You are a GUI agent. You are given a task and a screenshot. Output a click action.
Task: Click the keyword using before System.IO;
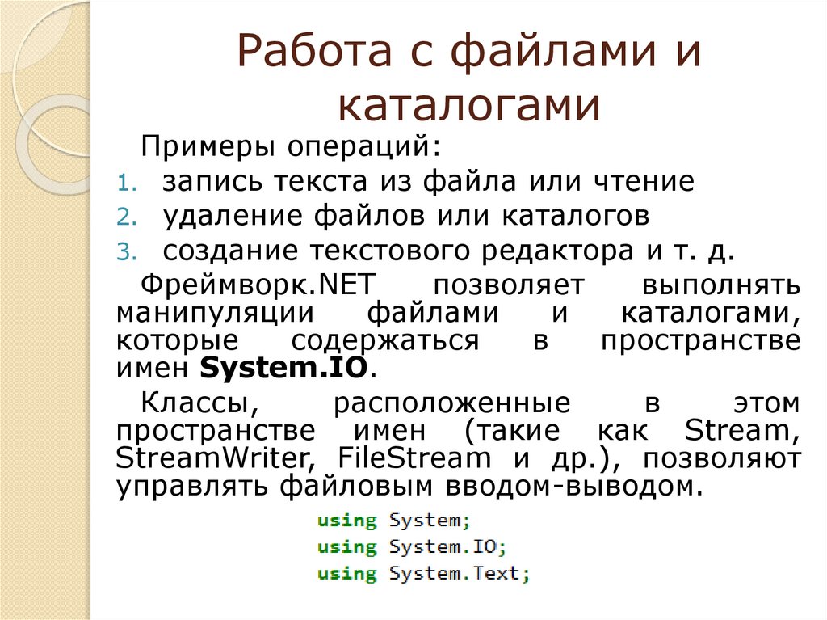[x=346, y=547]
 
